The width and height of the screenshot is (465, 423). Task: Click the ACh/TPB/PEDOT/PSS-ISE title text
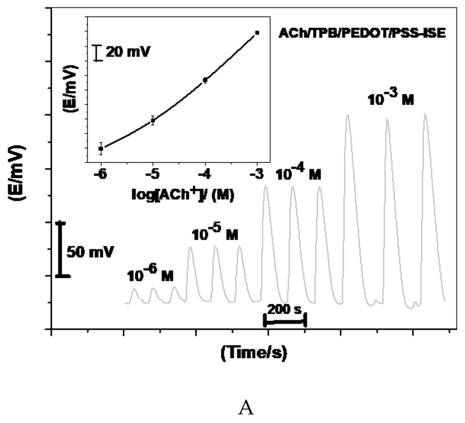pos(362,33)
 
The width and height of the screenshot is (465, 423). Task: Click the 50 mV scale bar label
pos(90,252)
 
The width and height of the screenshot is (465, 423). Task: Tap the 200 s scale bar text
pos(285,309)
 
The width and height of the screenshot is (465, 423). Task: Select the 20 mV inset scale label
pos(128,52)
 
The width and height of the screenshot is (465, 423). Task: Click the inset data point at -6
pos(101,149)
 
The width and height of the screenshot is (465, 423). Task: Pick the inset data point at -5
pos(153,120)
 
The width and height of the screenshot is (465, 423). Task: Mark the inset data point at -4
pos(205,80)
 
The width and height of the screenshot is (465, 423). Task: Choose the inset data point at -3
pos(257,33)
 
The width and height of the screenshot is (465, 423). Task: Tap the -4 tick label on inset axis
pos(205,175)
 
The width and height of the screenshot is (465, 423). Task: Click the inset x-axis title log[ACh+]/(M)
pos(183,195)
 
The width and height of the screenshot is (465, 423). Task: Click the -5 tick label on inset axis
pos(152,175)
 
